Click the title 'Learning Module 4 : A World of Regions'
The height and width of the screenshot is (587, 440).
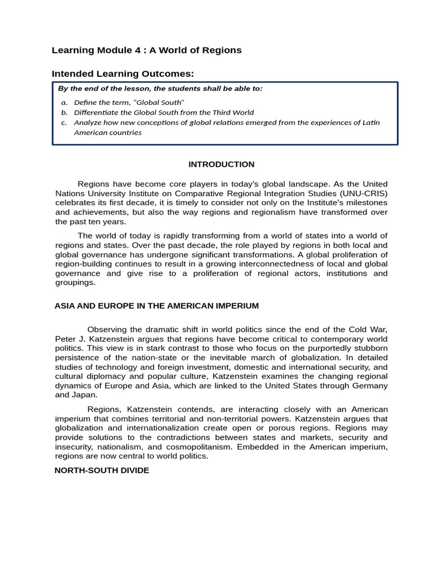click(x=147, y=50)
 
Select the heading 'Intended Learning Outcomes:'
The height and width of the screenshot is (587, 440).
click(x=123, y=73)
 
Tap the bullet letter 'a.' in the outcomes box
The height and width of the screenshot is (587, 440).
click(x=64, y=102)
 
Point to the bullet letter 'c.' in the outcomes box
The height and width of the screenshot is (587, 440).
click(x=64, y=123)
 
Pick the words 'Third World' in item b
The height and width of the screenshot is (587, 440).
click(x=234, y=112)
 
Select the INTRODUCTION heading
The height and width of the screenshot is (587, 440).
click(x=221, y=165)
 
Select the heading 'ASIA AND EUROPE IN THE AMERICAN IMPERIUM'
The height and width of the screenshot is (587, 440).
click(x=156, y=306)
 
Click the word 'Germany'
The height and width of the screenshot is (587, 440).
click(x=371, y=385)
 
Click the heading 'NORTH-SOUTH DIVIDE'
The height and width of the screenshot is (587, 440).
click(x=101, y=471)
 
